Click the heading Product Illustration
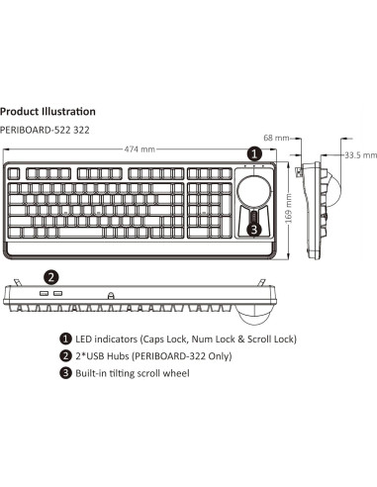48,112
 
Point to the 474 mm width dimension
140,149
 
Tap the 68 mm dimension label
289,137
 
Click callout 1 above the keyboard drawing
254,153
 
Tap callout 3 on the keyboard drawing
254,229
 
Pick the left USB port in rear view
45,295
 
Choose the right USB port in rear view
57,295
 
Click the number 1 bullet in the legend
66,339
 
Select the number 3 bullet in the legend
66,373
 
